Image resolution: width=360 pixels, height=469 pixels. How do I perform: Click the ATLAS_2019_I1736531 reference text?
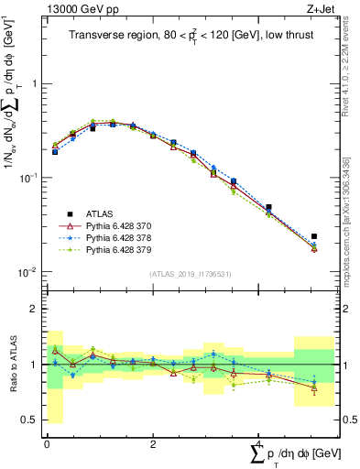(196, 274)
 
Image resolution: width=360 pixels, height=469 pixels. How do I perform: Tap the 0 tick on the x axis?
(47, 444)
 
